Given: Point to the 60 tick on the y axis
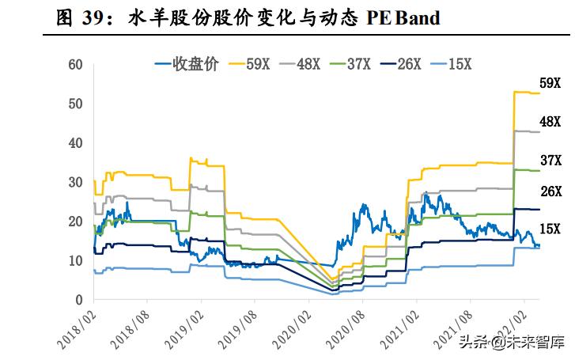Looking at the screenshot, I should [76, 64].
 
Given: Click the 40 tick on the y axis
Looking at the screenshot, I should [76, 143].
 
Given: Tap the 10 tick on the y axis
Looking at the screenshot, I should [76, 261].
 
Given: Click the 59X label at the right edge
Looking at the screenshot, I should [550, 84].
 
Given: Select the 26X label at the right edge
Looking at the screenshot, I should [550, 191].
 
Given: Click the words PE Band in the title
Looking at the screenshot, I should [403, 17].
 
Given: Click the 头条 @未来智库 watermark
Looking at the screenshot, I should [514, 343].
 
